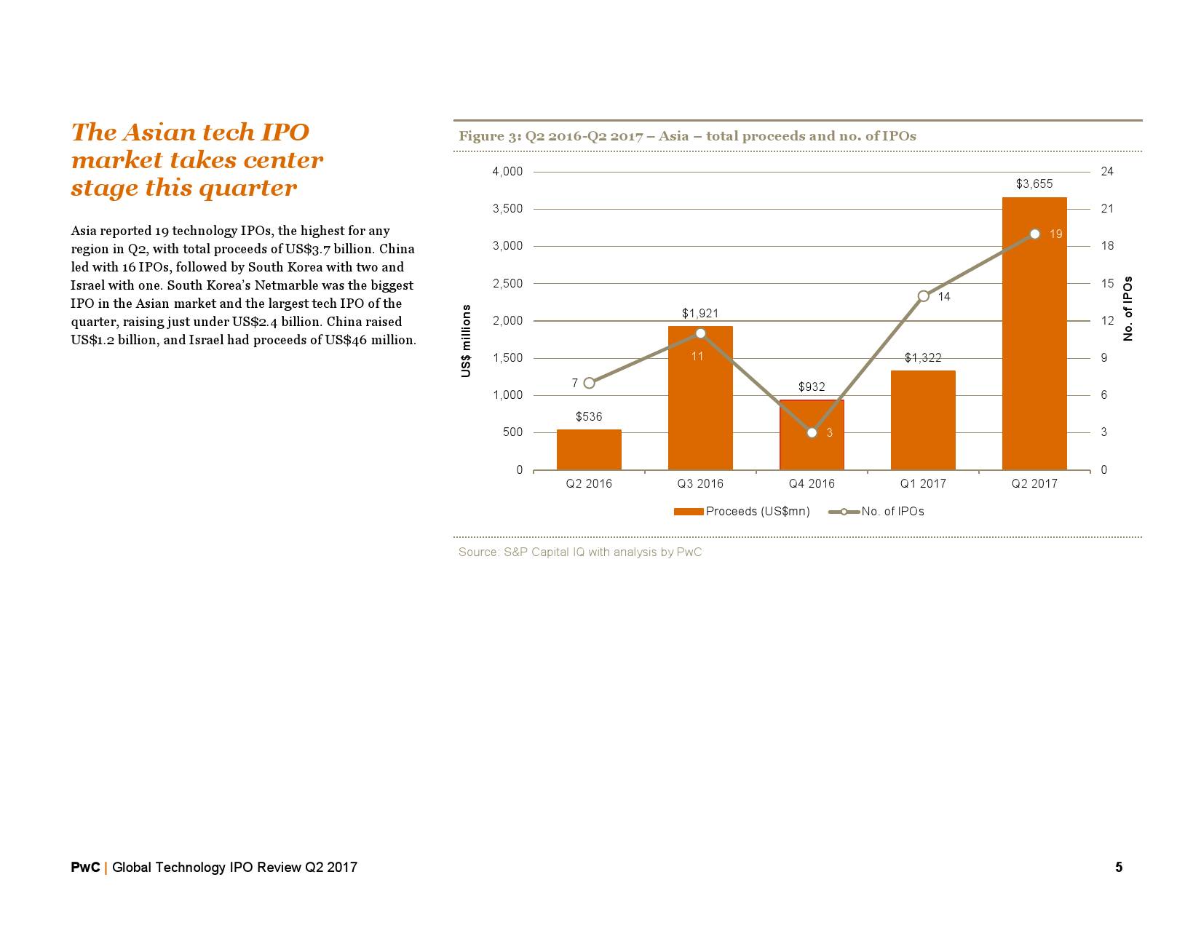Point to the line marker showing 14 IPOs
tap(923, 296)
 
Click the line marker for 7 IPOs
tap(590, 383)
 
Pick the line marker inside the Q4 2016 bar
tap(812, 432)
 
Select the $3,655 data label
tap(1034, 184)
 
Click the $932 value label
tap(812, 387)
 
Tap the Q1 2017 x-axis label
tap(923, 484)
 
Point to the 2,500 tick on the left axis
tap(508, 284)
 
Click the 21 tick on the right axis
tap(1107, 209)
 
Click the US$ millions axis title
tap(467, 341)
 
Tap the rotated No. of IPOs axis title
tap(1128, 309)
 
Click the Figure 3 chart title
tap(687, 136)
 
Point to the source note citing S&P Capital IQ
tap(580, 552)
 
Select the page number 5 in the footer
tap(1119, 868)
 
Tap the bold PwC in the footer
tap(85, 868)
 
